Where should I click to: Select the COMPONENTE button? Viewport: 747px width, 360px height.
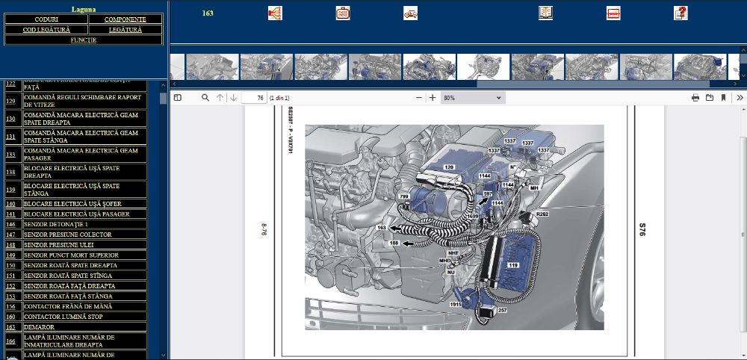(125, 19)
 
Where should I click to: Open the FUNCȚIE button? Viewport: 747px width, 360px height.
(83, 40)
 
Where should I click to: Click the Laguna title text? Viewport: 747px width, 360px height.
(83, 9)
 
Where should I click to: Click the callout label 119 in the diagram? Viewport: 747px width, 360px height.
(513, 264)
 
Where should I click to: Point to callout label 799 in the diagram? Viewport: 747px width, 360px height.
(404, 196)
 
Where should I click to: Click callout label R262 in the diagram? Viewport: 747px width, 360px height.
(543, 214)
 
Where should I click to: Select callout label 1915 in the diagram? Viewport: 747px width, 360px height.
(455, 305)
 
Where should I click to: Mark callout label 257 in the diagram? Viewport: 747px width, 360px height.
(502, 310)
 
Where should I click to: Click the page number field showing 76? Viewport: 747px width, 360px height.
(256, 98)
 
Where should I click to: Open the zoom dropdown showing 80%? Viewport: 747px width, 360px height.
(472, 98)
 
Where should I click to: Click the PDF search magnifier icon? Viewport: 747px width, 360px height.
(205, 98)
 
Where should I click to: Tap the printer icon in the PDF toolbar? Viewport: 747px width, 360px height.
(695, 98)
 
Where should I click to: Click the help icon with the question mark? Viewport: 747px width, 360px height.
(681, 13)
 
